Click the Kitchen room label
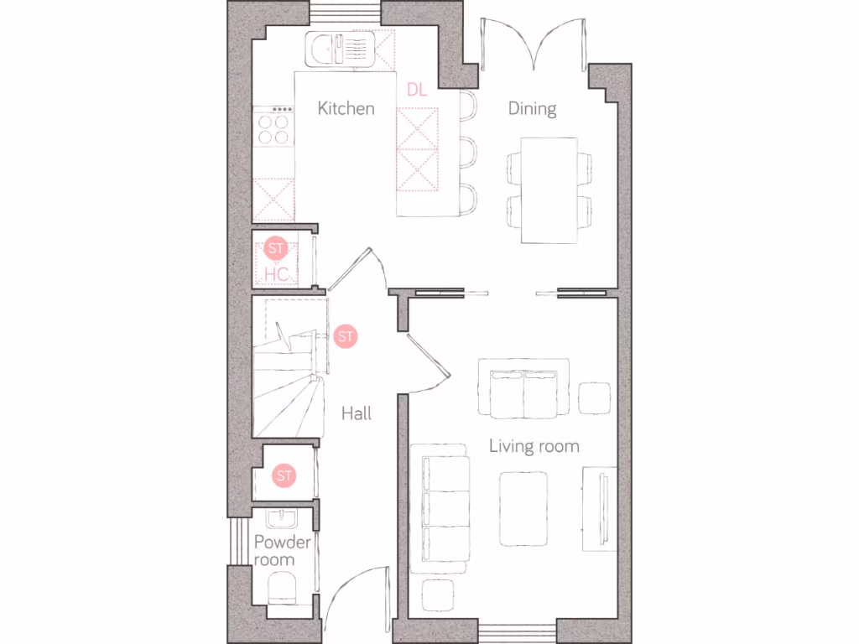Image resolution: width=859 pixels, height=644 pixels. (x=346, y=108)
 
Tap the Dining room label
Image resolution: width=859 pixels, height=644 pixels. (x=532, y=108)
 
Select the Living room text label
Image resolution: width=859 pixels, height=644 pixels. (x=534, y=446)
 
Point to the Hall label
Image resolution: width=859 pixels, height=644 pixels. (x=357, y=413)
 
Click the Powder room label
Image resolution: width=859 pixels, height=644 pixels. (x=282, y=550)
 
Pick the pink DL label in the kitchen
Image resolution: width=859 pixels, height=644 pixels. (x=417, y=90)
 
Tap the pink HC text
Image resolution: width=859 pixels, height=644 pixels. (x=276, y=274)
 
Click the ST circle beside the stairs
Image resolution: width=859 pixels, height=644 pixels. (x=346, y=336)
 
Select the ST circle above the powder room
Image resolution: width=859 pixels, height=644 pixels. (x=285, y=476)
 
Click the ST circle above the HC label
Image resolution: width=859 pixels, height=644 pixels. (x=276, y=248)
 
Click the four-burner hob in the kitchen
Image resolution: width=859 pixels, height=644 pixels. (x=273, y=128)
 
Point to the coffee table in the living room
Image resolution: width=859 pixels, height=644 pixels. (x=525, y=508)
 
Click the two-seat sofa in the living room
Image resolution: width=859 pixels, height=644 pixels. (x=524, y=388)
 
